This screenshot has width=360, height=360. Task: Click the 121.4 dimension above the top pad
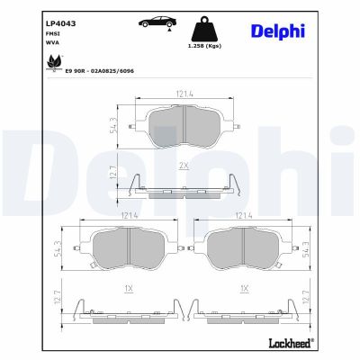184,93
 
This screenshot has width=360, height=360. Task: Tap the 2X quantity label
184,166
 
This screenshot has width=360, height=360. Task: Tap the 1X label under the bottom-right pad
243,287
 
